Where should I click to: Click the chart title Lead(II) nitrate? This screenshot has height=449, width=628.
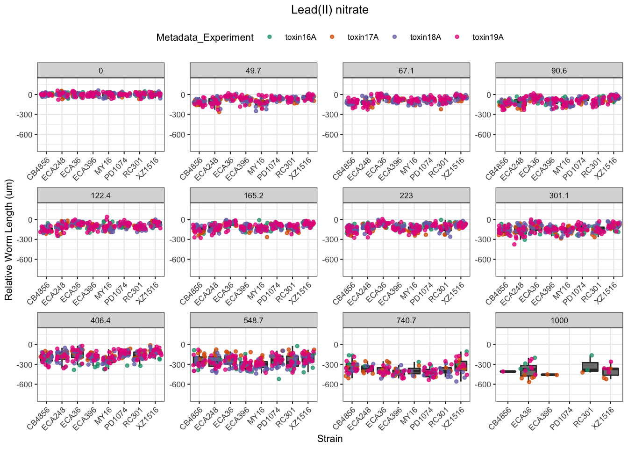click(329, 10)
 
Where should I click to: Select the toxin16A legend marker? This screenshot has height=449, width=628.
click(270, 37)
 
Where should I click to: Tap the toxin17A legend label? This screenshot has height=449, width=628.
click(363, 37)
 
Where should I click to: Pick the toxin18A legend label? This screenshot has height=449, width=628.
click(425, 37)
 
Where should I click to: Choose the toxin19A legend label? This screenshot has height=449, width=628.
click(488, 37)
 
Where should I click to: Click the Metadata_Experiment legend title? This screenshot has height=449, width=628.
click(205, 37)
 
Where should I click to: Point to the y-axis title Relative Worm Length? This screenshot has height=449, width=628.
click(9, 240)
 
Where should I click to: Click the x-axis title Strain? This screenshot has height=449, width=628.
click(329, 439)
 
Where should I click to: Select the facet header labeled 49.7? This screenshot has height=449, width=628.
click(253, 71)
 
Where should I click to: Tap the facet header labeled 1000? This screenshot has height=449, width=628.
click(559, 320)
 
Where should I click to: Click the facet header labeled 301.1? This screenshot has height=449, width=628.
click(559, 196)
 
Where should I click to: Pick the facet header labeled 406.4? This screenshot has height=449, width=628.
click(100, 320)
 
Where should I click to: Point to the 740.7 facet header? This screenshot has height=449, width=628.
click(406, 320)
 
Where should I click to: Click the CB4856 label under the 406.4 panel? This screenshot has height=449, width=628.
click(38, 419)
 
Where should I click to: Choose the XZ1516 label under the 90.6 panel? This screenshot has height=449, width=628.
click(606, 169)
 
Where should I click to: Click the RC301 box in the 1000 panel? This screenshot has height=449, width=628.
click(590, 367)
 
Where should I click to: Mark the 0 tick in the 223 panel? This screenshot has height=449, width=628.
click(335, 220)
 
